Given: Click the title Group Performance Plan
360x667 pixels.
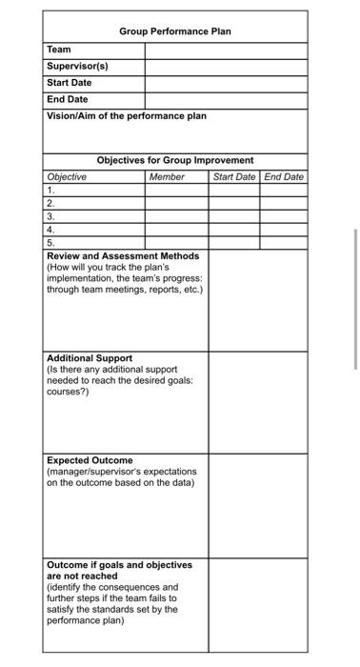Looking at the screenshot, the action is pos(175,31).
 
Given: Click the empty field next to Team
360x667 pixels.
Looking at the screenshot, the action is pos(226,50).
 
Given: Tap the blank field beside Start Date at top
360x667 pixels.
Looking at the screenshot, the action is pos(226,83).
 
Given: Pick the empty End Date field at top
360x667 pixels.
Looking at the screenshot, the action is pos(226,99).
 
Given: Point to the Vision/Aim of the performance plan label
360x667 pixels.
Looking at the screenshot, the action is pos(127,116).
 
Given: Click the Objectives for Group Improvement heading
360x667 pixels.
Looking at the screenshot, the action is pos(175,160).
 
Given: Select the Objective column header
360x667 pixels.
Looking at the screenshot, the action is pos(67,177).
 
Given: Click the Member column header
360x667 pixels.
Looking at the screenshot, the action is pos(168,177).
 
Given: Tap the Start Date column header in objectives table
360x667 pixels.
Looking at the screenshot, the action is pos(234,177).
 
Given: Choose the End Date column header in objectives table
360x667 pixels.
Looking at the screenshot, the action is pos(284,177).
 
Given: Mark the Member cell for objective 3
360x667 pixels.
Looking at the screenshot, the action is pos(176,216).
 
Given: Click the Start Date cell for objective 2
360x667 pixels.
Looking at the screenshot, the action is pos(234,204).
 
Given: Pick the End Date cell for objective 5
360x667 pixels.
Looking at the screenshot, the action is pos(284,243).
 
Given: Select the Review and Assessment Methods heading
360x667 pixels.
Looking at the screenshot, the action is pos(123,255).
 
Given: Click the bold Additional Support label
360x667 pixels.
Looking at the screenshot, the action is pos(90,358).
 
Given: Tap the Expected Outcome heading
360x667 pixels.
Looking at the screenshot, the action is pos(90,460).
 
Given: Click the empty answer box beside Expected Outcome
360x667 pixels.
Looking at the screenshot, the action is pos(258,505).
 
